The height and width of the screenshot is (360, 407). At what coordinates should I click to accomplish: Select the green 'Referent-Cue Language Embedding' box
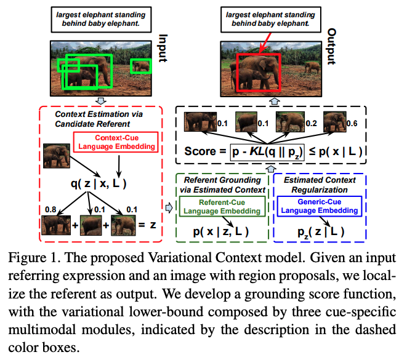pyautogui.click(x=222, y=206)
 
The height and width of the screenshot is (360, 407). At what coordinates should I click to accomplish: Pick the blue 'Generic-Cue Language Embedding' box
pyautogui.click(x=318, y=206)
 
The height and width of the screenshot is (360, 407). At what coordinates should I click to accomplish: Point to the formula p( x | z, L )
pyautogui.click(x=222, y=231)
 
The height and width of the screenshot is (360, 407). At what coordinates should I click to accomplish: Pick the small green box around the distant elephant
pyautogui.click(x=142, y=66)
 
